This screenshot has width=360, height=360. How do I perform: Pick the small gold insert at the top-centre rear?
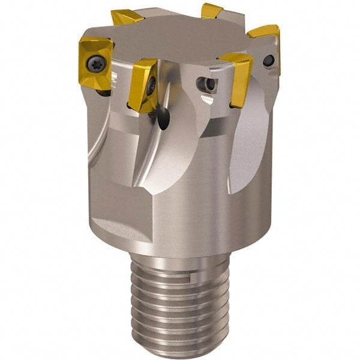[x=212, y=10]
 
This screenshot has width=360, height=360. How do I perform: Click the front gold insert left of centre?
[x=143, y=84]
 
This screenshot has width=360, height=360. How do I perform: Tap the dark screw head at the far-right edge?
[x=269, y=60]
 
